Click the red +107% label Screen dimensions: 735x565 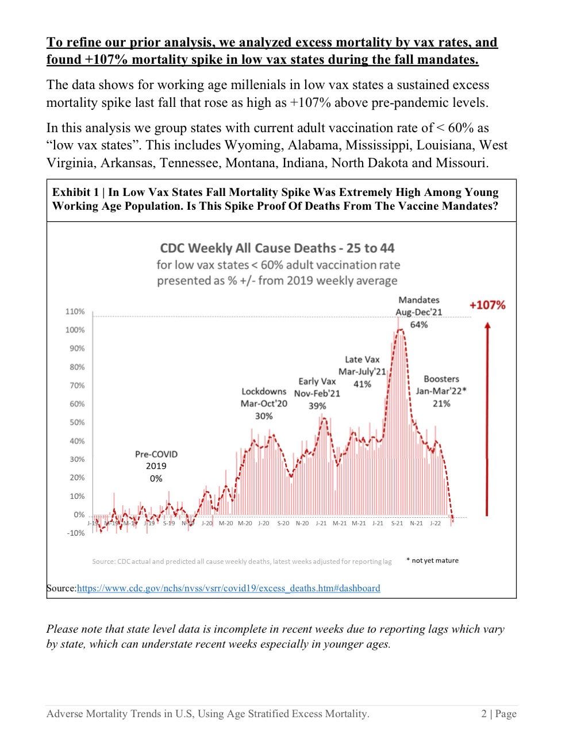pos(487,305)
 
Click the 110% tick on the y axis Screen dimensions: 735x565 pos(75,311)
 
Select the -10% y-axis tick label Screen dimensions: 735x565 pos(75,533)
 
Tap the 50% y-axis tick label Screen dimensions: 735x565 pos(77,422)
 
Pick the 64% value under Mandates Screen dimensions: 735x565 pos(418,325)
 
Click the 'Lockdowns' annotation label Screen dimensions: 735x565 pos(264,391)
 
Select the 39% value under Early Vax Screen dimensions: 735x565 pos(317,406)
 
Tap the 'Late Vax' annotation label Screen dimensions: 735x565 pos(362,359)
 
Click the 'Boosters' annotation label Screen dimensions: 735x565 pos(441,379)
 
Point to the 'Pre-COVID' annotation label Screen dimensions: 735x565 pos(156,454)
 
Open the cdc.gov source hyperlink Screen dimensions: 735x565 pos(228,588)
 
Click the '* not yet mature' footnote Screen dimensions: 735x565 pos(432,560)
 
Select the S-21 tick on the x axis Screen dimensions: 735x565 pos(397,524)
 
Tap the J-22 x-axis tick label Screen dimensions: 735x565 pos(435,524)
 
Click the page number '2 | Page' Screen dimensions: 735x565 pos(498,714)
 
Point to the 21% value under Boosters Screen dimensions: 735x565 pos(441,403)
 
